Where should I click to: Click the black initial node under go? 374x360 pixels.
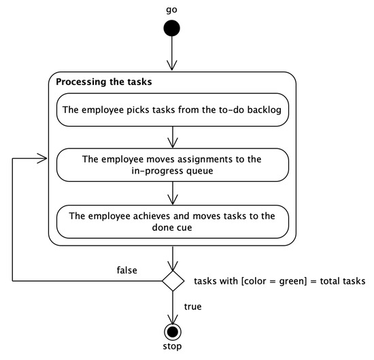click(173, 29)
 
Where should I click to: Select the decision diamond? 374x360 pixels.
click(173, 279)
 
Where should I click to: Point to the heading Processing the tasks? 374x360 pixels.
click(103, 82)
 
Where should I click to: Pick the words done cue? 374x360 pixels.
click(173, 228)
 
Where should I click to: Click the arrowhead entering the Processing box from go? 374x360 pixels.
click(173, 65)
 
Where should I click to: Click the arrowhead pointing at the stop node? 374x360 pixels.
click(173, 318)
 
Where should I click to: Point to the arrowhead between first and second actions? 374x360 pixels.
click(173, 144)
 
